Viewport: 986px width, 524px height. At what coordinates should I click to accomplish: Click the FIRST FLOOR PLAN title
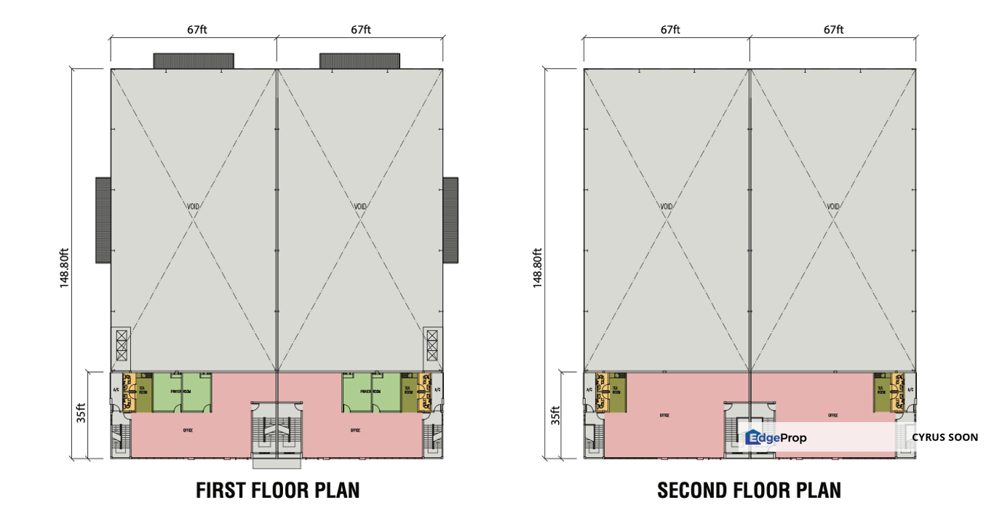coord(277,491)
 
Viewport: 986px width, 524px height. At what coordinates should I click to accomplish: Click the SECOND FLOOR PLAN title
coord(749,491)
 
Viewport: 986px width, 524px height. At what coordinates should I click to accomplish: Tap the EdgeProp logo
coord(776,437)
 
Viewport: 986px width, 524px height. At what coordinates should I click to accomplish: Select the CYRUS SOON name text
coord(945,437)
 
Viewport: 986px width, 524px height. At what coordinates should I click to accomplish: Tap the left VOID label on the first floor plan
coord(193,206)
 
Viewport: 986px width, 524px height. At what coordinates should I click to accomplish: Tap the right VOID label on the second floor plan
coord(833,206)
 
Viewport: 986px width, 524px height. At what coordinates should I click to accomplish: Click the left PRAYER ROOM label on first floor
coord(181,392)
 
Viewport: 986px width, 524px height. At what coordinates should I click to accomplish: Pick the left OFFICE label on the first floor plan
coord(188,430)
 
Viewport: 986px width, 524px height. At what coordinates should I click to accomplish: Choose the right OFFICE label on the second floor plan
coord(832,416)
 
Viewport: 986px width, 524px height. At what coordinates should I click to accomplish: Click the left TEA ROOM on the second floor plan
coord(616,390)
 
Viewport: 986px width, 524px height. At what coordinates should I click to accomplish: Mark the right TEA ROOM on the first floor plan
coord(409,390)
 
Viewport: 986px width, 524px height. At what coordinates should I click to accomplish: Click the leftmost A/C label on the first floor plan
coord(116,390)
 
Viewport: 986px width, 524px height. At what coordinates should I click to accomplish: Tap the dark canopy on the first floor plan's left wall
coord(103,220)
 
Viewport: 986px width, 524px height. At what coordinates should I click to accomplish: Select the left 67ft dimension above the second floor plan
coord(670,30)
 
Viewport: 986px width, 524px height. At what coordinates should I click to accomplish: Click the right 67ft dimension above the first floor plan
coord(361,30)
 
